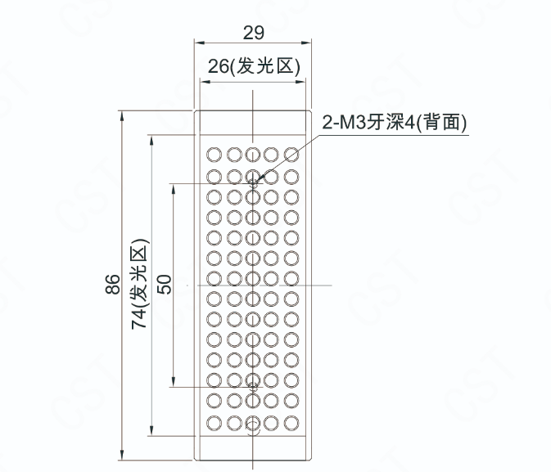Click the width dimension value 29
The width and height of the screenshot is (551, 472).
pos(254,33)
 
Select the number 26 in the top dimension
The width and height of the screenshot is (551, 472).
pos(218,67)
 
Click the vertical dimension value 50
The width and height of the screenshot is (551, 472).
pos(164,285)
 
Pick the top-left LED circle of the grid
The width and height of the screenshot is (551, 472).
pos(215,154)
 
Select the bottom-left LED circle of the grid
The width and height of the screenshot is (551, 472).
pos(215,423)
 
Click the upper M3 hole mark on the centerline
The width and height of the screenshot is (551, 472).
pos(254,183)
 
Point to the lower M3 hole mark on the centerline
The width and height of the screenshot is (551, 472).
pos(254,385)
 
